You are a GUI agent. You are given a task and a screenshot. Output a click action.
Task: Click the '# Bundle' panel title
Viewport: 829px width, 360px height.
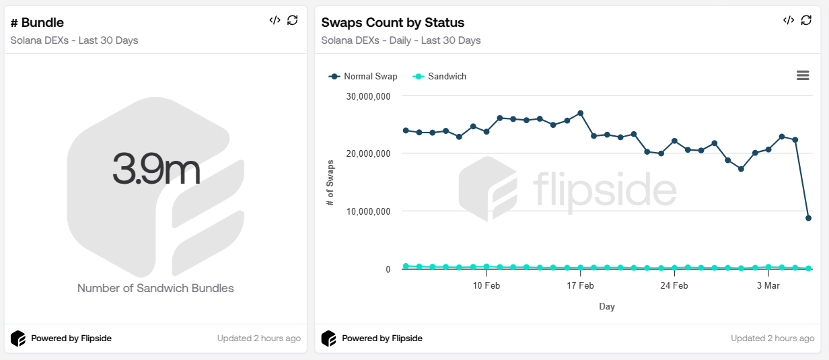coord(38,23)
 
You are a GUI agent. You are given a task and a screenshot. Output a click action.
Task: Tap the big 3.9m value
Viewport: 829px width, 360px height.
coord(156,169)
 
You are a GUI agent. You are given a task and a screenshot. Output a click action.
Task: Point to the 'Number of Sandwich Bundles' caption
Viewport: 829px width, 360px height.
coord(155,288)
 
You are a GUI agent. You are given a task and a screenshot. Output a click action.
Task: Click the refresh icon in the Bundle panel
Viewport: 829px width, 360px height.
coord(292,20)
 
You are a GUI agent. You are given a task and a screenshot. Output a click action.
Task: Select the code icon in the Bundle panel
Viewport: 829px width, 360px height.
coord(275,20)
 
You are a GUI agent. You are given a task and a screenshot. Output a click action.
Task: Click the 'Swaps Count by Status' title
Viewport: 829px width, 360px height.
coord(392,23)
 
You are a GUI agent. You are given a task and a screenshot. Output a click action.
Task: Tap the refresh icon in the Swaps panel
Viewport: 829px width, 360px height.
coord(806,20)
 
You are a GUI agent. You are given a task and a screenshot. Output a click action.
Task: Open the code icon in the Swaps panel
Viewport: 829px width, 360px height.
coord(789,20)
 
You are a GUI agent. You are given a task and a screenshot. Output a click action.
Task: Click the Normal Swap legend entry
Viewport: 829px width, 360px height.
coord(363,77)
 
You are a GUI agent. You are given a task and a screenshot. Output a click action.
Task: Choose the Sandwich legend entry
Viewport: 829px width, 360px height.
coord(440,77)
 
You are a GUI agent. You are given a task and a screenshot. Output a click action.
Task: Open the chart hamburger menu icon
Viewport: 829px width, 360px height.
coord(803,75)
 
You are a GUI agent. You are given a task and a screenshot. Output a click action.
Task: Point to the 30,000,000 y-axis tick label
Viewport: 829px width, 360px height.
coord(368,96)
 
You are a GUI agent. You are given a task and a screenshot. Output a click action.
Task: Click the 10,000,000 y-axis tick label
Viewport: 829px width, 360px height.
coord(368,211)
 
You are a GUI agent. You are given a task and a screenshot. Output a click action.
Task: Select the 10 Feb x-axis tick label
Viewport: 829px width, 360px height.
coord(486,285)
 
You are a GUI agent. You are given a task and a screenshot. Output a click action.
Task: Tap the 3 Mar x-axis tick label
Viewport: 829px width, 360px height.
coord(768,285)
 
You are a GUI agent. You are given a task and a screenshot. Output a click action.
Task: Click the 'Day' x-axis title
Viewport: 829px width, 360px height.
coord(607,307)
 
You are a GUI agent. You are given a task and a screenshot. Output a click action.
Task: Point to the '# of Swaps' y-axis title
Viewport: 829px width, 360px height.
coord(330,182)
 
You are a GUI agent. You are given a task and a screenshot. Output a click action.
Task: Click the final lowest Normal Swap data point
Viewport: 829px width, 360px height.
coord(808,218)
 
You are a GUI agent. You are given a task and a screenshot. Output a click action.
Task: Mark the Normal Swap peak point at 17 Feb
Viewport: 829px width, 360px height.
coord(580,113)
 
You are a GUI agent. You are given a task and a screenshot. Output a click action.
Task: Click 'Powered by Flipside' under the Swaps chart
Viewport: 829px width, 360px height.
coord(382,338)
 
